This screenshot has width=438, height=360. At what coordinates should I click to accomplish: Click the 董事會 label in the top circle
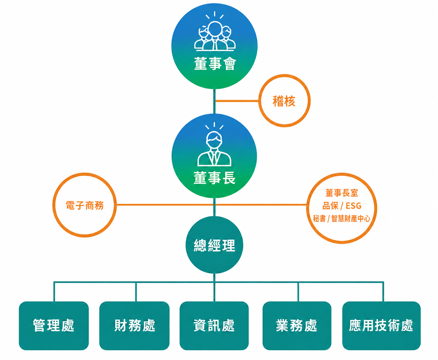click(x=215, y=63)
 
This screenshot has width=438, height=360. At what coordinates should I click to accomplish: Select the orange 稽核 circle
click(x=284, y=100)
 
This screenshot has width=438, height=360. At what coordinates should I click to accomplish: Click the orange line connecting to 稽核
click(x=237, y=101)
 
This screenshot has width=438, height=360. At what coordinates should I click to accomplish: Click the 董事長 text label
click(x=214, y=178)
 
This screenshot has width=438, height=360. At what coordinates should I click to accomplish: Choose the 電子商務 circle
click(x=85, y=205)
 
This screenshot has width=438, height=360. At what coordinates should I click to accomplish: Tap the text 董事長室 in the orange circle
click(x=342, y=193)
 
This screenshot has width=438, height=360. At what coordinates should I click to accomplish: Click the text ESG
click(x=353, y=206)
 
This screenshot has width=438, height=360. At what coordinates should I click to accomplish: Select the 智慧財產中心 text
click(x=351, y=218)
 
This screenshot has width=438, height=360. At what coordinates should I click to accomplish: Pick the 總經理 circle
click(x=214, y=245)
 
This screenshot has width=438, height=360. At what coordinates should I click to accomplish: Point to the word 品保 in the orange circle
click(x=330, y=206)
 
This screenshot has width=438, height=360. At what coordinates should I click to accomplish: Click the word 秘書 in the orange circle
click(x=319, y=218)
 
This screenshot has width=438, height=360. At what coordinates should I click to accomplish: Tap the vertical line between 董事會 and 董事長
click(x=214, y=101)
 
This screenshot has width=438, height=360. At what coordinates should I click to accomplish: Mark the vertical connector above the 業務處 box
click(x=298, y=292)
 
